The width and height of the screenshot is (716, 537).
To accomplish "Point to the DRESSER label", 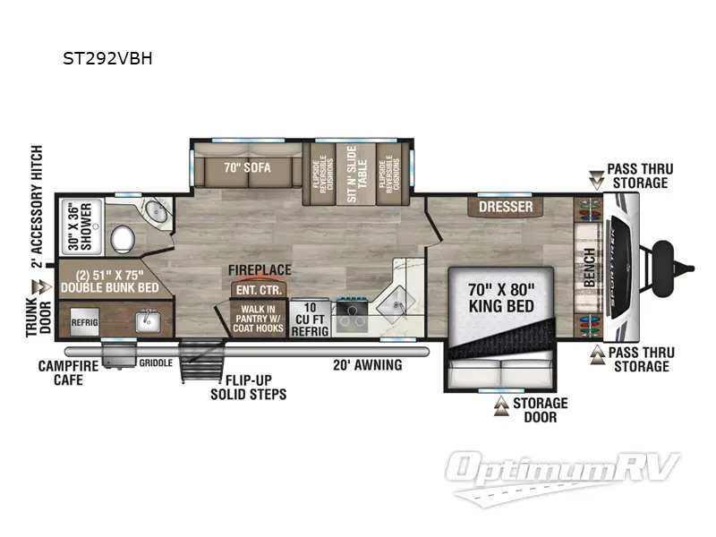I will [505, 207].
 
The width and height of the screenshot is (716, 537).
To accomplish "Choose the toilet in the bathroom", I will [122, 238].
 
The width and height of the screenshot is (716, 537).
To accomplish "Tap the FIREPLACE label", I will [260, 269].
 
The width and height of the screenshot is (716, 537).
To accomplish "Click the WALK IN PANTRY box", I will [258, 320].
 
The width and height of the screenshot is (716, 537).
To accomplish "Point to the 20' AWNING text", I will [367, 364].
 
